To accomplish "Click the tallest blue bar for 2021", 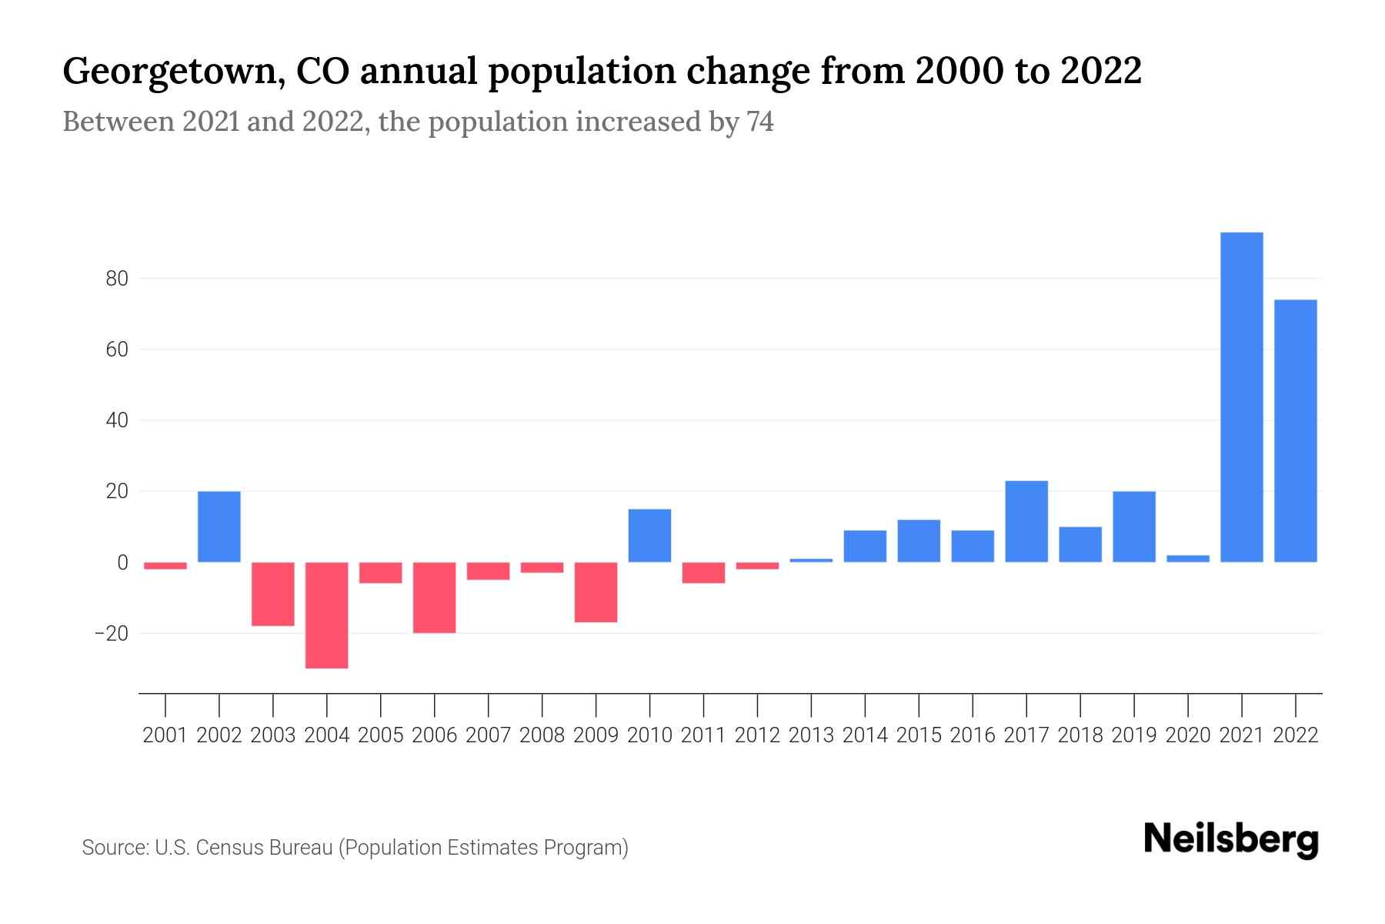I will coord(1241,397).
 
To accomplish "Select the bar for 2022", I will coord(1295,431).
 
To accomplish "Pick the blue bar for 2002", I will coord(219,527).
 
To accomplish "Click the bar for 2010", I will coord(649,536).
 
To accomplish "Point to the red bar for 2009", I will coord(596,591).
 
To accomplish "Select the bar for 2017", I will coord(1026,521).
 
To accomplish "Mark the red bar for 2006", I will coord(434,597).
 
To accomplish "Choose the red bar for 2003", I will coord(273,594).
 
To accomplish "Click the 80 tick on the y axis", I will coord(117,279).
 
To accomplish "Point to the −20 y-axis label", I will coord(112,634).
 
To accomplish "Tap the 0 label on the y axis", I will coord(122,563).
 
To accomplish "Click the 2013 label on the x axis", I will coord(811,735).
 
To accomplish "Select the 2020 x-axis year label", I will coord(1187,735).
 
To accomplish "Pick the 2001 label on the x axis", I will coord(165,735).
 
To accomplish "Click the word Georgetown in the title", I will coord(168,72).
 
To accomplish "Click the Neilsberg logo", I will coord(1231,839).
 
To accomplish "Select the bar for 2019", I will coord(1133,527).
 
